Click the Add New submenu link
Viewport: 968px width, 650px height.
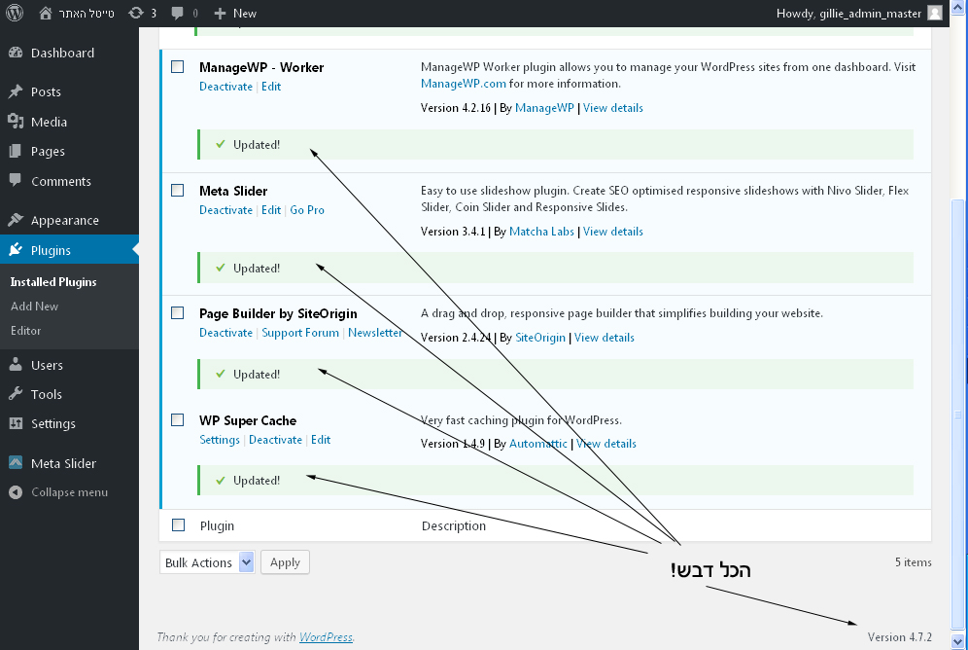click(35, 307)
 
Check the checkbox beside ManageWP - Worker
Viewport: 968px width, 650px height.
click(177, 67)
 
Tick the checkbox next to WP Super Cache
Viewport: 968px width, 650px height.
click(177, 420)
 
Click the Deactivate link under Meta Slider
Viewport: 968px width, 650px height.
click(225, 210)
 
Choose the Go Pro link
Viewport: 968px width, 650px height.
click(307, 210)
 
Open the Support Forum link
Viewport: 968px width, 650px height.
click(300, 333)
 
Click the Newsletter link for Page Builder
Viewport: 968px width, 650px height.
click(375, 333)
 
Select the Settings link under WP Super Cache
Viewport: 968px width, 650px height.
click(219, 440)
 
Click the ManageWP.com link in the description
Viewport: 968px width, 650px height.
click(463, 84)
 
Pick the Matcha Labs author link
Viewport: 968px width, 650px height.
click(541, 232)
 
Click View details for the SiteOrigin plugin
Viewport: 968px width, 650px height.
click(605, 338)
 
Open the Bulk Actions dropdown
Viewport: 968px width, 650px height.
click(207, 562)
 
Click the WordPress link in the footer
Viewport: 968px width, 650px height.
click(326, 637)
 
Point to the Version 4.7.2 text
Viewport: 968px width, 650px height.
click(899, 637)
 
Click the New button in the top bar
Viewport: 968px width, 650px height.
click(235, 13)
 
